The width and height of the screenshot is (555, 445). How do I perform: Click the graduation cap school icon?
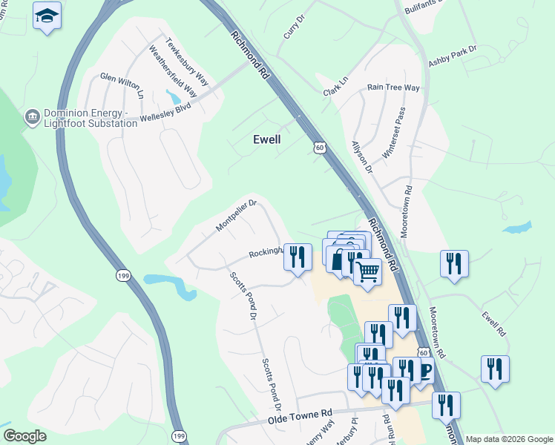tap(47, 16)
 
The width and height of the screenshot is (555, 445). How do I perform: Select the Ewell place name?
tap(267, 139)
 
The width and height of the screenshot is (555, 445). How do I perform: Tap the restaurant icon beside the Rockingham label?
tap(298, 257)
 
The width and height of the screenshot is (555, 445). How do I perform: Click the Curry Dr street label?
tap(295, 30)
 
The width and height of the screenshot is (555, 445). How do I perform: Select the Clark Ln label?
tap(335, 88)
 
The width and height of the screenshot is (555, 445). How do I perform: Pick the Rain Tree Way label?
tap(393, 88)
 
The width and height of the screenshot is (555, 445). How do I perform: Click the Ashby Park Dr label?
tap(452, 58)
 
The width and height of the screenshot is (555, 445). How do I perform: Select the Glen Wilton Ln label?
tap(122, 85)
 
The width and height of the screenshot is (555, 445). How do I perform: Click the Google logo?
tap(24, 436)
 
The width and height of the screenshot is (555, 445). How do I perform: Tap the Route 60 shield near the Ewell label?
tap(319, 148)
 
